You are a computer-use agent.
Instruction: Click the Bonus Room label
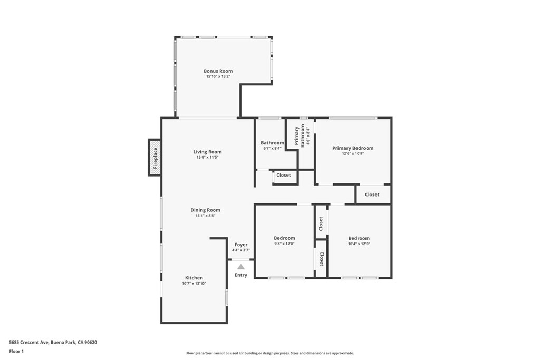pos(218,71)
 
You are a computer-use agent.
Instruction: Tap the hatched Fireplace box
pos(155,158)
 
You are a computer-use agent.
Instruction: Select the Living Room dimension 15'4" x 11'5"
pos(207,157)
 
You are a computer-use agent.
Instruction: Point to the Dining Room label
pos(205,210)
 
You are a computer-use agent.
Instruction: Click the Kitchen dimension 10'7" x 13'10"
pos(194,284)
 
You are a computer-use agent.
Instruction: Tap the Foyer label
pos(241,245)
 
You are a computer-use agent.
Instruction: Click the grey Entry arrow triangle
pos(241,267)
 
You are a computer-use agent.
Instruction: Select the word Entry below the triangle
pos(241,275)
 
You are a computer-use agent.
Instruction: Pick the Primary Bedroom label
pos(353,148)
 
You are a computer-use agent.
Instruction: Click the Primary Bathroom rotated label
pos(300,135)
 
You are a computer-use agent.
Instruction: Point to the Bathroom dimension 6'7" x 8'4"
pos(273,148)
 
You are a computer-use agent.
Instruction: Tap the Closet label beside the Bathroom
pos(283,175)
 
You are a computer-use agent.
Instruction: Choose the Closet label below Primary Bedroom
pos(372,194)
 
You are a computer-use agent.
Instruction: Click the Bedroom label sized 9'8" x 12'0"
pos(284,238)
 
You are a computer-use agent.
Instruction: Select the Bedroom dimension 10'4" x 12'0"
pos(359,244)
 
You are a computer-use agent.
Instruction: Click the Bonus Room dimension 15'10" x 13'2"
pos(218,77)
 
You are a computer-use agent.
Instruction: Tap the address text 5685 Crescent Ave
pos(30,342)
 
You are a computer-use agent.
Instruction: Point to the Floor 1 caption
pos(16,352)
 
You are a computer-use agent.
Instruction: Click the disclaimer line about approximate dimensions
pos(270,353)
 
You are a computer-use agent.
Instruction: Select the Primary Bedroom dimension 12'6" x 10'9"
pos(353,154)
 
